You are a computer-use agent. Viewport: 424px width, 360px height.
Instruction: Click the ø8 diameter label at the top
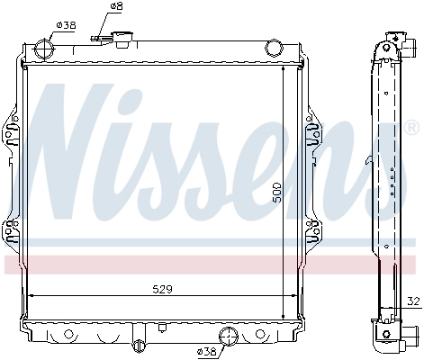(116, 7)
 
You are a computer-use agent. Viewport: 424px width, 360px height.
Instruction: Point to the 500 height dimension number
(278, 191)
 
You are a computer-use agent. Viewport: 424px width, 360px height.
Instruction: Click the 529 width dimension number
(161, 289)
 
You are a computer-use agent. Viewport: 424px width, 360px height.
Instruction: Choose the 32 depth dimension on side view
(412, 301)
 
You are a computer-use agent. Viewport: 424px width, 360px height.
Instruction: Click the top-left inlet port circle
(42, 50)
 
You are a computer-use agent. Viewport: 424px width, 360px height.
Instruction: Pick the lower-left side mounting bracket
(12, 231)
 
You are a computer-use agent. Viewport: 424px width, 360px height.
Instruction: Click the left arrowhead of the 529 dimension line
(33, 295)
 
